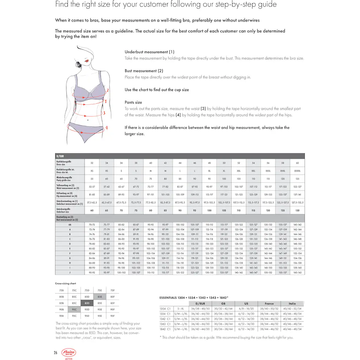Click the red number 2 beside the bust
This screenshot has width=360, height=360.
click(x=108, y=90)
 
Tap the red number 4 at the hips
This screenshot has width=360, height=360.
click(x=107, y=128)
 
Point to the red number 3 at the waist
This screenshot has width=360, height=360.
click(x=104, y=113)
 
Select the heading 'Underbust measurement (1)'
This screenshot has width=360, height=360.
click(x=149, y=52)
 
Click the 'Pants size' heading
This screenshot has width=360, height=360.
click(x=133, y=102)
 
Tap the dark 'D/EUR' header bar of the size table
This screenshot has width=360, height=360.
click(x=180, y=156)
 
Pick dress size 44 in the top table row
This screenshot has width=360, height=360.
click(x=180, y=163)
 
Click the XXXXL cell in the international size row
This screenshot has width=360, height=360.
click(x=297, y=171)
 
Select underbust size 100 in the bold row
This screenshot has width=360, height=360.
click(x=209, y=210)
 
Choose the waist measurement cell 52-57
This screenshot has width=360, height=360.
click(x=92, y=187)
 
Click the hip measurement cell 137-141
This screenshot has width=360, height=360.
click(x=297, y=194)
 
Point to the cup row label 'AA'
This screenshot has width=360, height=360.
click(x=70, y=224)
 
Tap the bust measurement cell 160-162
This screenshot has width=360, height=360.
click(x=297, y=272)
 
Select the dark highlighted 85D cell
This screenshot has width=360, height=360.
click(x=87, y=303)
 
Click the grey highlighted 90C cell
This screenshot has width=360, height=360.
click(x=74, y=309)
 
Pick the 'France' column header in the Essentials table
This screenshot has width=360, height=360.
click(x=269, y=303)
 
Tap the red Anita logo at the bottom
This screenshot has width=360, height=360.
click(x=69, y=353)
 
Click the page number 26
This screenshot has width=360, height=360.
click(x=56, y=353)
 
